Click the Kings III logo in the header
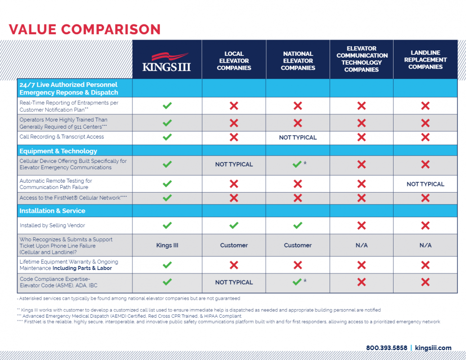pyautogui.click(x=166, y=62)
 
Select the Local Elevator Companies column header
pyautogui.click(x=234, y=61)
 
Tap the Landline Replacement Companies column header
pyautogui.click(x=425, y=60)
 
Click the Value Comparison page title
pyautogui.click(x=85, y=29)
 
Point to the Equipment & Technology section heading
pyautogui.click(x=58, y=151)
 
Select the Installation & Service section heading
pyautogui.click(x=52, y=211)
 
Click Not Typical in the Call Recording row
pyautogui.click(x=298, y=137)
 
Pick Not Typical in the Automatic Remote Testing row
pyautogui.click(x=425, y=184)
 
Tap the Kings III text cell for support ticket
pyautogui.click(x=167, y=245)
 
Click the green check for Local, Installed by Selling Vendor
pyautogui.click(x=234, y=225)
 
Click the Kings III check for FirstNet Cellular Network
pyautogui.click(x=167, y=198)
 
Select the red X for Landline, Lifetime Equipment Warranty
pyautogui.click(x=425, y=265)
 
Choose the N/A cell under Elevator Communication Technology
pyautogui.click(x=362, y=245)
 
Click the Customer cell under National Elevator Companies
pyautogui.click(x=298, y=245)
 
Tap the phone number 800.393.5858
pyautogui.click(x=387, y=348)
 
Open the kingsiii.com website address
pyautogui.click(x=433, y=348)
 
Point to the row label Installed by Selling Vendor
pyautogui.click(x=52, y=225)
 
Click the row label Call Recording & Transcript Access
pyautogui.click(x=62, y=137)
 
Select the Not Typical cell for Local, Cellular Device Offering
pyautogui.click(x=234, y=164)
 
